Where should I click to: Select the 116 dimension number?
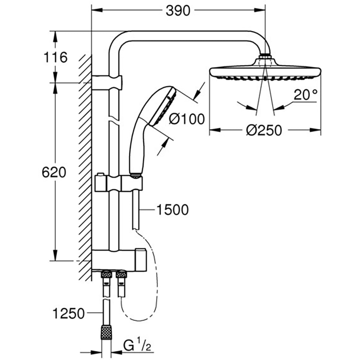(55, 57)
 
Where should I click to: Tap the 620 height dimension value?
(54, 172)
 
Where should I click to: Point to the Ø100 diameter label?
(186, 118)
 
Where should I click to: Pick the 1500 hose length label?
(172, 210)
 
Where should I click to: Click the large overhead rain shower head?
(265, 71)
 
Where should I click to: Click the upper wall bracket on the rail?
(107, 82)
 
